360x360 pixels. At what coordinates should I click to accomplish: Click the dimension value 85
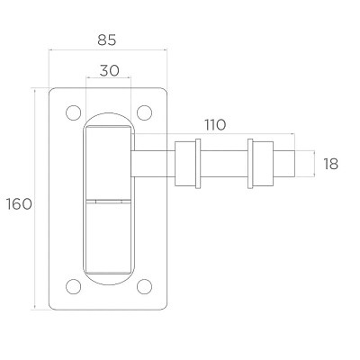point(107,40)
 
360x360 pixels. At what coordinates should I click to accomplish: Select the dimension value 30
point(109,71)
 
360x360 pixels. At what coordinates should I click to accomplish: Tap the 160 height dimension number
point(19,204)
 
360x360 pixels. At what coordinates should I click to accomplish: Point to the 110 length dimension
point(215,125)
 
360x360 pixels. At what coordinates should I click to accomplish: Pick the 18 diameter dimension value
point(330,164)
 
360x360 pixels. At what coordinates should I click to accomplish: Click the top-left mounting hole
point(74,112)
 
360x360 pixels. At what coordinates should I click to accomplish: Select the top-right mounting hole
point(144,112)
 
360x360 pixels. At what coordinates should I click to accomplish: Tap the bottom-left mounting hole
point(74,286)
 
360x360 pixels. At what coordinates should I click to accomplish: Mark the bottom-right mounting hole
point(144,286)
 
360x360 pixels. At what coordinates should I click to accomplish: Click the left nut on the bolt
point(185,164)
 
